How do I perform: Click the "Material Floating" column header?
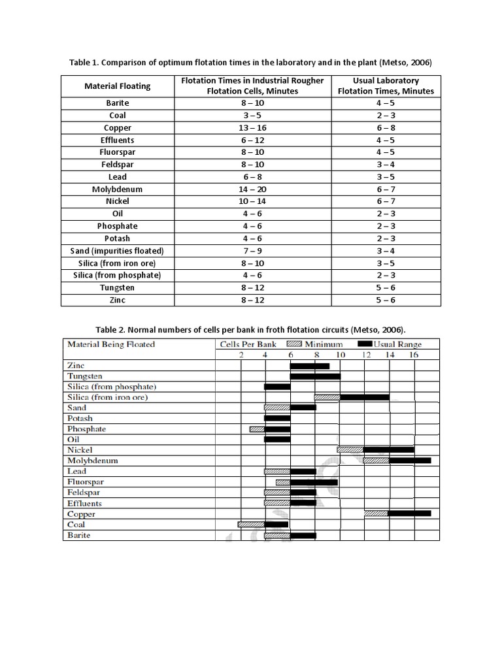click(118, 86)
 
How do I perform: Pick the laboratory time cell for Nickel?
click(386, 201)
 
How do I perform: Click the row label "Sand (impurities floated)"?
click(118, 251)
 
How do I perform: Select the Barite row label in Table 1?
click(118, 103)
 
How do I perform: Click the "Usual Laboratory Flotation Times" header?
click(386, 86)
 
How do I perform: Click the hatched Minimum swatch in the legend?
click(295, 344)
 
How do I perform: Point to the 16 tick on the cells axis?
click(414, 355)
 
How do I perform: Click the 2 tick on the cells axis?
click(241, 355)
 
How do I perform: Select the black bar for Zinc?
click(310, 366)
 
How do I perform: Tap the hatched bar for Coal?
click(251, 524)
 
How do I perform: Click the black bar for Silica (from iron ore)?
click(365, 397)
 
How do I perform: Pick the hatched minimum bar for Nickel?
click(350, 449)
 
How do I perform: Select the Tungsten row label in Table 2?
click(84, 376)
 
